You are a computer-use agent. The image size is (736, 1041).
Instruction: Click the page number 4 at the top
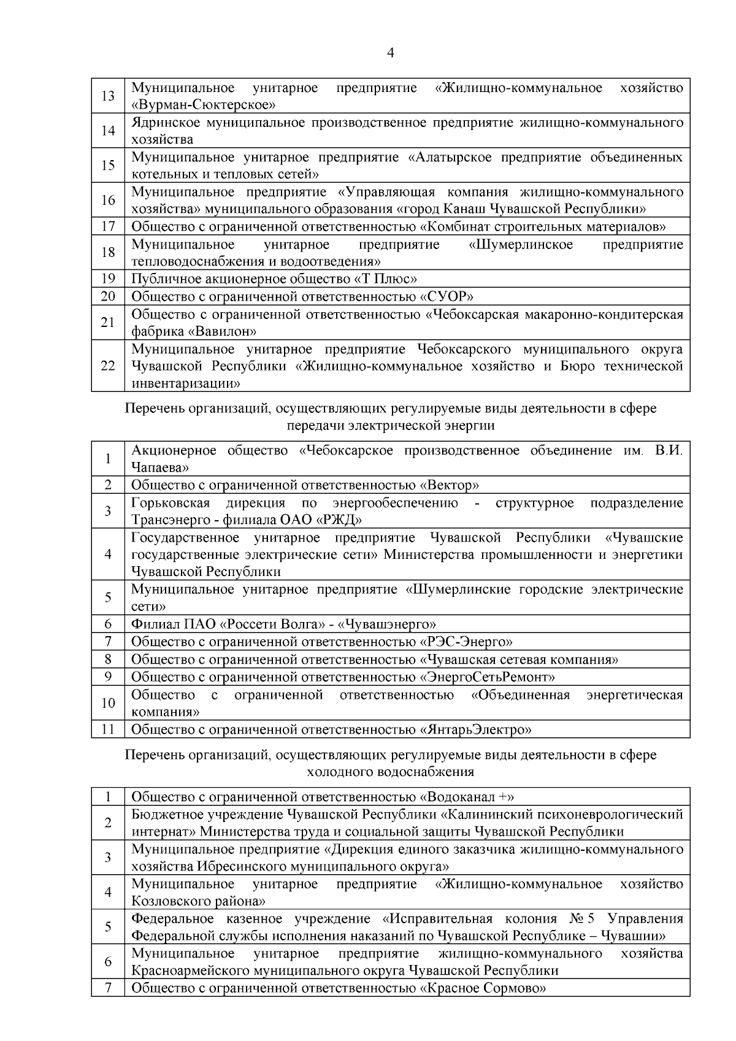coord(391,53)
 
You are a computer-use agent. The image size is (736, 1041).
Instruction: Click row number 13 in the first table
coord(108,96)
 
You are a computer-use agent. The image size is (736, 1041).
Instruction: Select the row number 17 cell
coord(108,226)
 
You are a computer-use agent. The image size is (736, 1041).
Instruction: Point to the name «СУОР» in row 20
coord(446,297)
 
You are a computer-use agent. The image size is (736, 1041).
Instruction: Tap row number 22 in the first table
coord(108,366)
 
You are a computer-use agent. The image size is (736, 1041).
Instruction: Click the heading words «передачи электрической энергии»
coord(391,425)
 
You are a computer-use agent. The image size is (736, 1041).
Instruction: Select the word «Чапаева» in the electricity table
coord(159,467)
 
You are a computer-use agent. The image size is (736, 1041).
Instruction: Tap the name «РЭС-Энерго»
coord(466,642)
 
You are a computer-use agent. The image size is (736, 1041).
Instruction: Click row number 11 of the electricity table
coord(108,729)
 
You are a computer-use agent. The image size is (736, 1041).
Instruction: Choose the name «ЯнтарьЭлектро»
coord(475,729)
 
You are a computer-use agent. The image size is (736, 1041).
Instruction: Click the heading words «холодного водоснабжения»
coord(391,772)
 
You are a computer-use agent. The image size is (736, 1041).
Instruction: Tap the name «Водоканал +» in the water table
coord(466,797)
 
